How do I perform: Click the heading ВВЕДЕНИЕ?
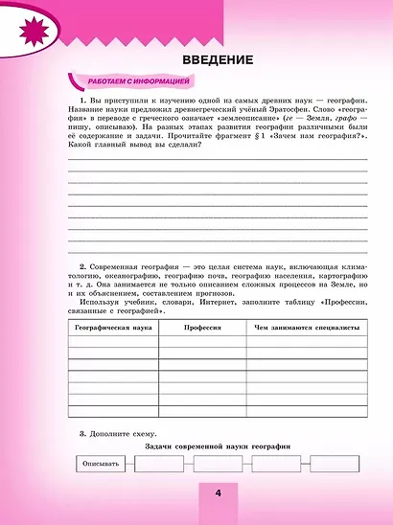point(217,59)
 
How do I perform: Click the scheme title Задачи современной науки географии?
point(217,448)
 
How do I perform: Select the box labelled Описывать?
point(100,465)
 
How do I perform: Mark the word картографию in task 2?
point(335,277)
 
